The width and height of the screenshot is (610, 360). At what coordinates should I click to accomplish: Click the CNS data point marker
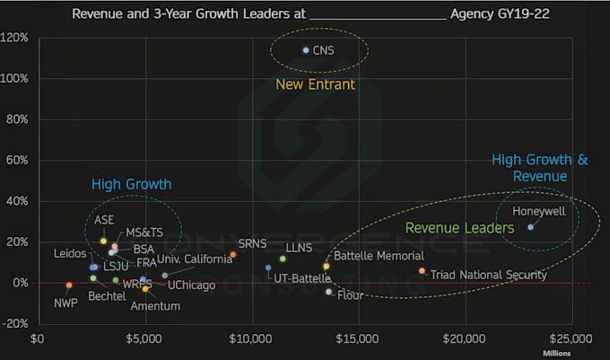[306, 50]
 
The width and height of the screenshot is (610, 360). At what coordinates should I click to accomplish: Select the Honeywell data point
[531, 227]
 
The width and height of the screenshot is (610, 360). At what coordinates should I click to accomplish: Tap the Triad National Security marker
[422, 271]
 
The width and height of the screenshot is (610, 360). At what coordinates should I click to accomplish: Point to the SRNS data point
[233, 255]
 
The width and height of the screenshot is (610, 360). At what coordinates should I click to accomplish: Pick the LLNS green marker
[283, 259]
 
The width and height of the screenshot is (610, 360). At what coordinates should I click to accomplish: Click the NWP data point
[69, 285]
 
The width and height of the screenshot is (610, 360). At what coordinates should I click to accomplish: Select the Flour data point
[329, 292]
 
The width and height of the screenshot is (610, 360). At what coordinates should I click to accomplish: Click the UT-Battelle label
[302, 279]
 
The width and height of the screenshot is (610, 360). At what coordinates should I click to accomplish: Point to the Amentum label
[155, 306]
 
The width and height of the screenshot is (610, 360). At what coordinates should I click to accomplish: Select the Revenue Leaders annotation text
[459, 229]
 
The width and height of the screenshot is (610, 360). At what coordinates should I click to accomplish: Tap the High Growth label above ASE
[131, 184]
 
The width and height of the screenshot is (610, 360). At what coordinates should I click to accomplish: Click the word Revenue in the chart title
[99, 14]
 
